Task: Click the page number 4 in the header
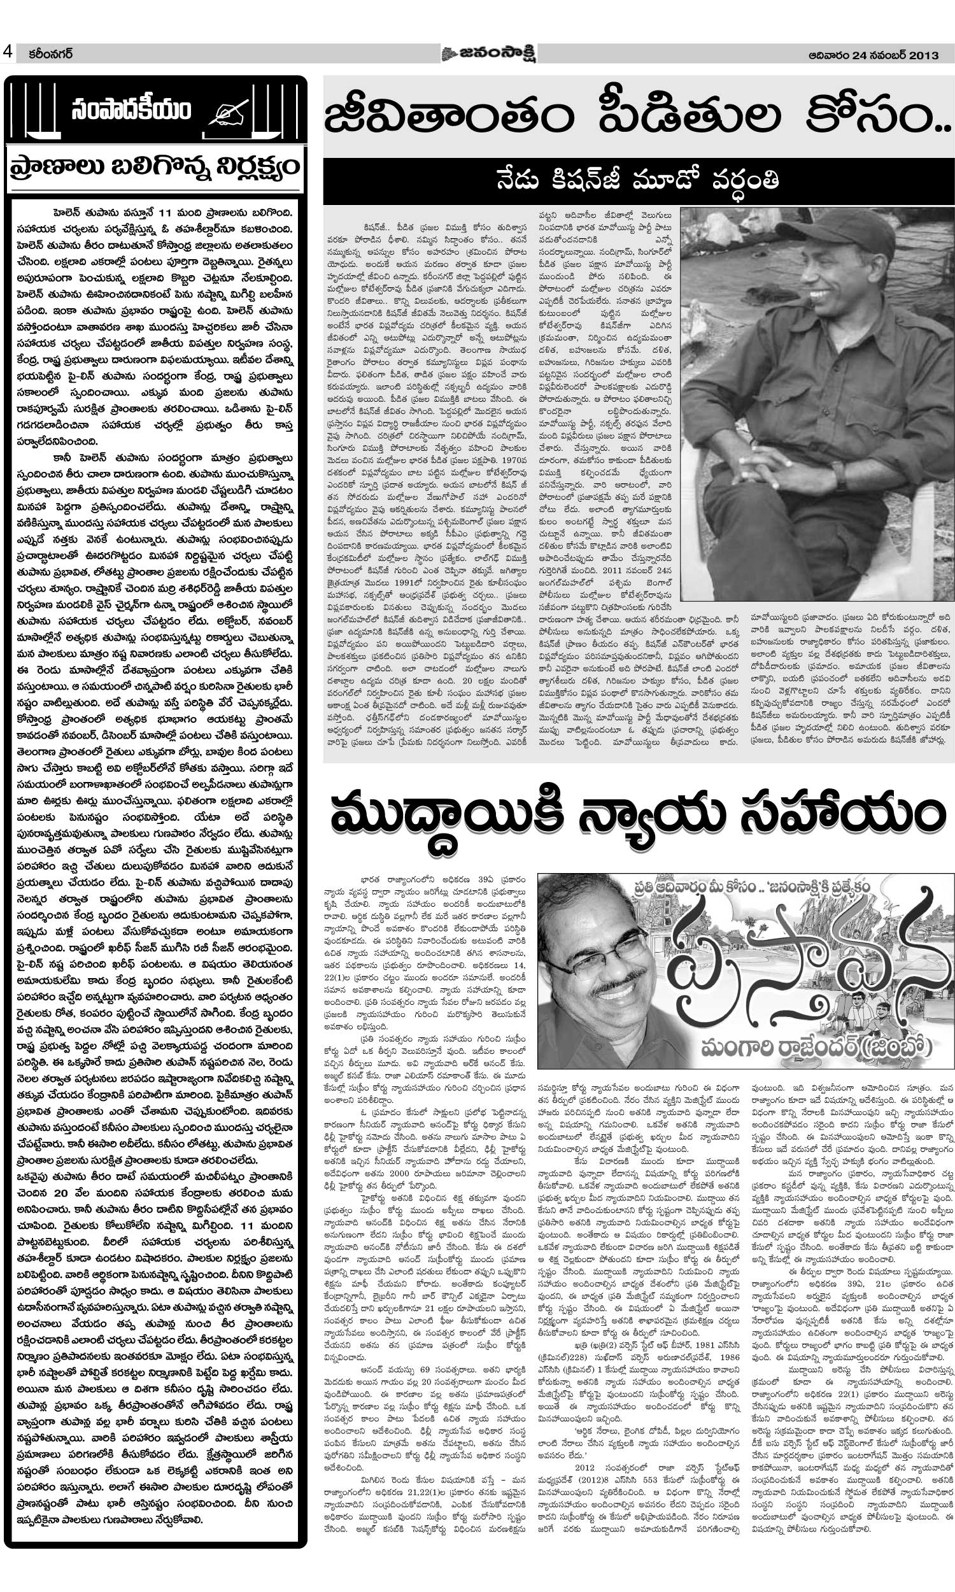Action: pyautogui.click(x=8, y=53)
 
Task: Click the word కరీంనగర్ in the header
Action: pyautogui.click(x=45, y=54)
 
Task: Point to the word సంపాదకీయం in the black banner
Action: pyautogui.click(x=132, y=111)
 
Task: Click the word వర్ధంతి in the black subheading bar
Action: pyautogui.click(x=740, y=181)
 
